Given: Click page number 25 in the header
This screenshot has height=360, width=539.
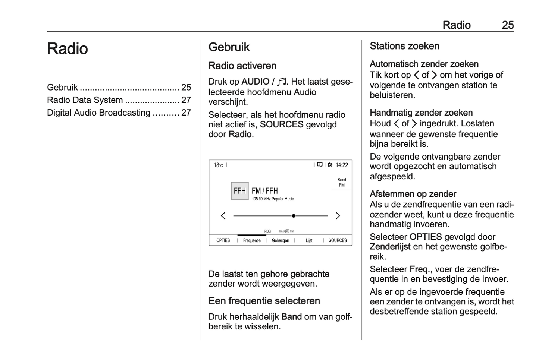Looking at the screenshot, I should pos(508,25).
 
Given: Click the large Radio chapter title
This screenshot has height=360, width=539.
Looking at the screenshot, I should pos(68,49).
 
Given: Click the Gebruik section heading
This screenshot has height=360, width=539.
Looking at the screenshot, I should pos(229,47).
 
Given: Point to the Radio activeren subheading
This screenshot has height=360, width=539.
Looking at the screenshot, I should pos(242,66).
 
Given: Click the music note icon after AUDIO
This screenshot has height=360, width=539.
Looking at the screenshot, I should pos(282,82).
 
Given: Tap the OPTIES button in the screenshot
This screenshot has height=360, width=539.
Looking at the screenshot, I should pos(223,240).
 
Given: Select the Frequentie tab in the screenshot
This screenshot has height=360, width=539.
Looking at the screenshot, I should pos(252,240).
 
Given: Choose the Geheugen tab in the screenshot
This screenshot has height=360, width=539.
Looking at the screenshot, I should pos(280,240).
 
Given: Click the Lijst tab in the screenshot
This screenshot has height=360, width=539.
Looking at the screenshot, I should pos(309,240).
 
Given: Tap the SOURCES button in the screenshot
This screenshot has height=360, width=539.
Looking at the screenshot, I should pos(338,240).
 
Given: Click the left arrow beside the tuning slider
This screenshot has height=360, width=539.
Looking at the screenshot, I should pos(223,216).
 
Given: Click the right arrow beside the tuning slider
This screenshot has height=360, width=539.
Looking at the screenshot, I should pos(338,216).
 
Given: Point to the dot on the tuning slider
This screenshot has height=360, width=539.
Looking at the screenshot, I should pos(294,216).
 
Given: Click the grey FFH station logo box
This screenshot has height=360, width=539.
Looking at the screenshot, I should pos(240,191).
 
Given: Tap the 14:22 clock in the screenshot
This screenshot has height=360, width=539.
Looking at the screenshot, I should pos(342,165).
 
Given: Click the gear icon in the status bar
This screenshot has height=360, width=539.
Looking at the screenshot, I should pos(330,165).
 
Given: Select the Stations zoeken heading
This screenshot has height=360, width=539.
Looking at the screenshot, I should pos(404,46).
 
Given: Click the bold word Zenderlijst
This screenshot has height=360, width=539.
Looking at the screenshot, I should pos(390,247).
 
